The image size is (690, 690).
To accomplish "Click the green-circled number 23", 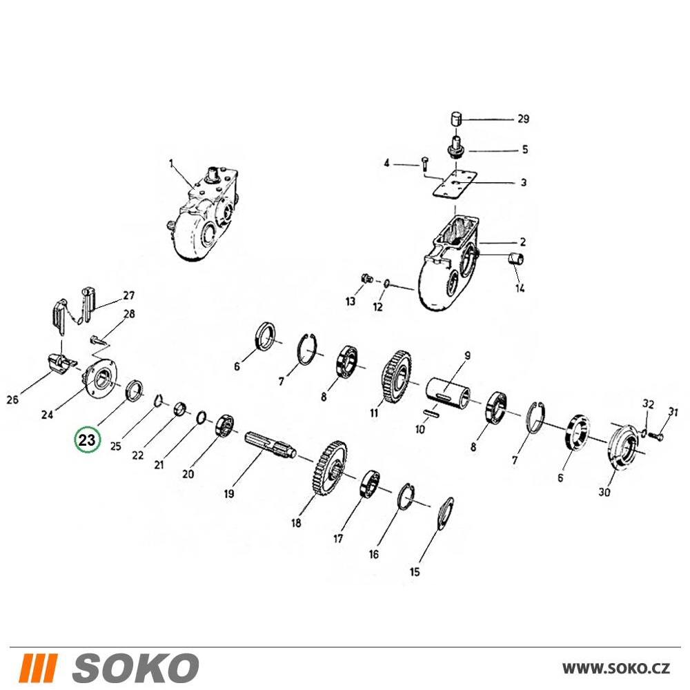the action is pos(87,440).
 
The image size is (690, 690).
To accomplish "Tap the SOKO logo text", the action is pos(136,668).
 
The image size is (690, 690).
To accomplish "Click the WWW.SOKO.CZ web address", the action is pos(616,669).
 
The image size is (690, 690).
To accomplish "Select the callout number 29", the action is pos(523,119).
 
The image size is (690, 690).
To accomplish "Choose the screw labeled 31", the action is pos(655,435).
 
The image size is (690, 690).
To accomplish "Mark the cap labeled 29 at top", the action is pos(456,119).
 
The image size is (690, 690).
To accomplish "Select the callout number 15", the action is pos(415,572).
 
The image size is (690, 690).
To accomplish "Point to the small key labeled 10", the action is pos(431,413).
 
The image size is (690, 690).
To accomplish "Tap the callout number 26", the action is pos(12,400).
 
